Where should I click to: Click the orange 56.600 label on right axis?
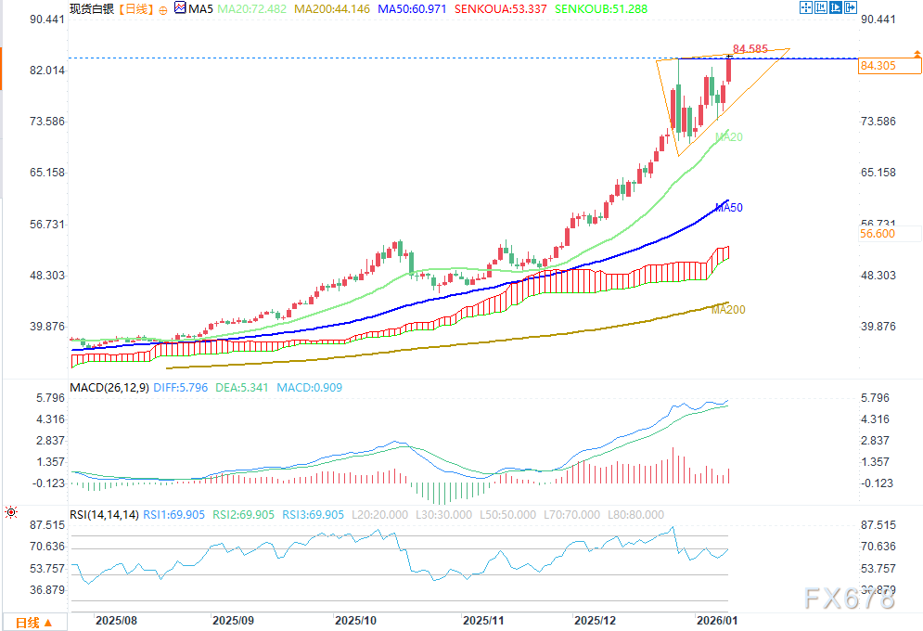click(877, 235)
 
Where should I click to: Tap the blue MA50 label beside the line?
click(729, 207)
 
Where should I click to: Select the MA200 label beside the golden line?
click(728, 310)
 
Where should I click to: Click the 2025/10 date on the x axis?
click(355, 619)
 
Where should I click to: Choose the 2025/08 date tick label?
click(116, 619)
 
